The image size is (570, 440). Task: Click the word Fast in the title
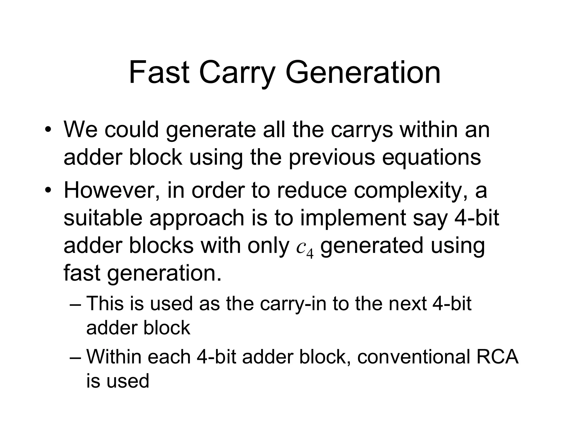[x=159, y=73]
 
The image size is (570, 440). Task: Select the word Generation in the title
[x=363, y=73]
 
